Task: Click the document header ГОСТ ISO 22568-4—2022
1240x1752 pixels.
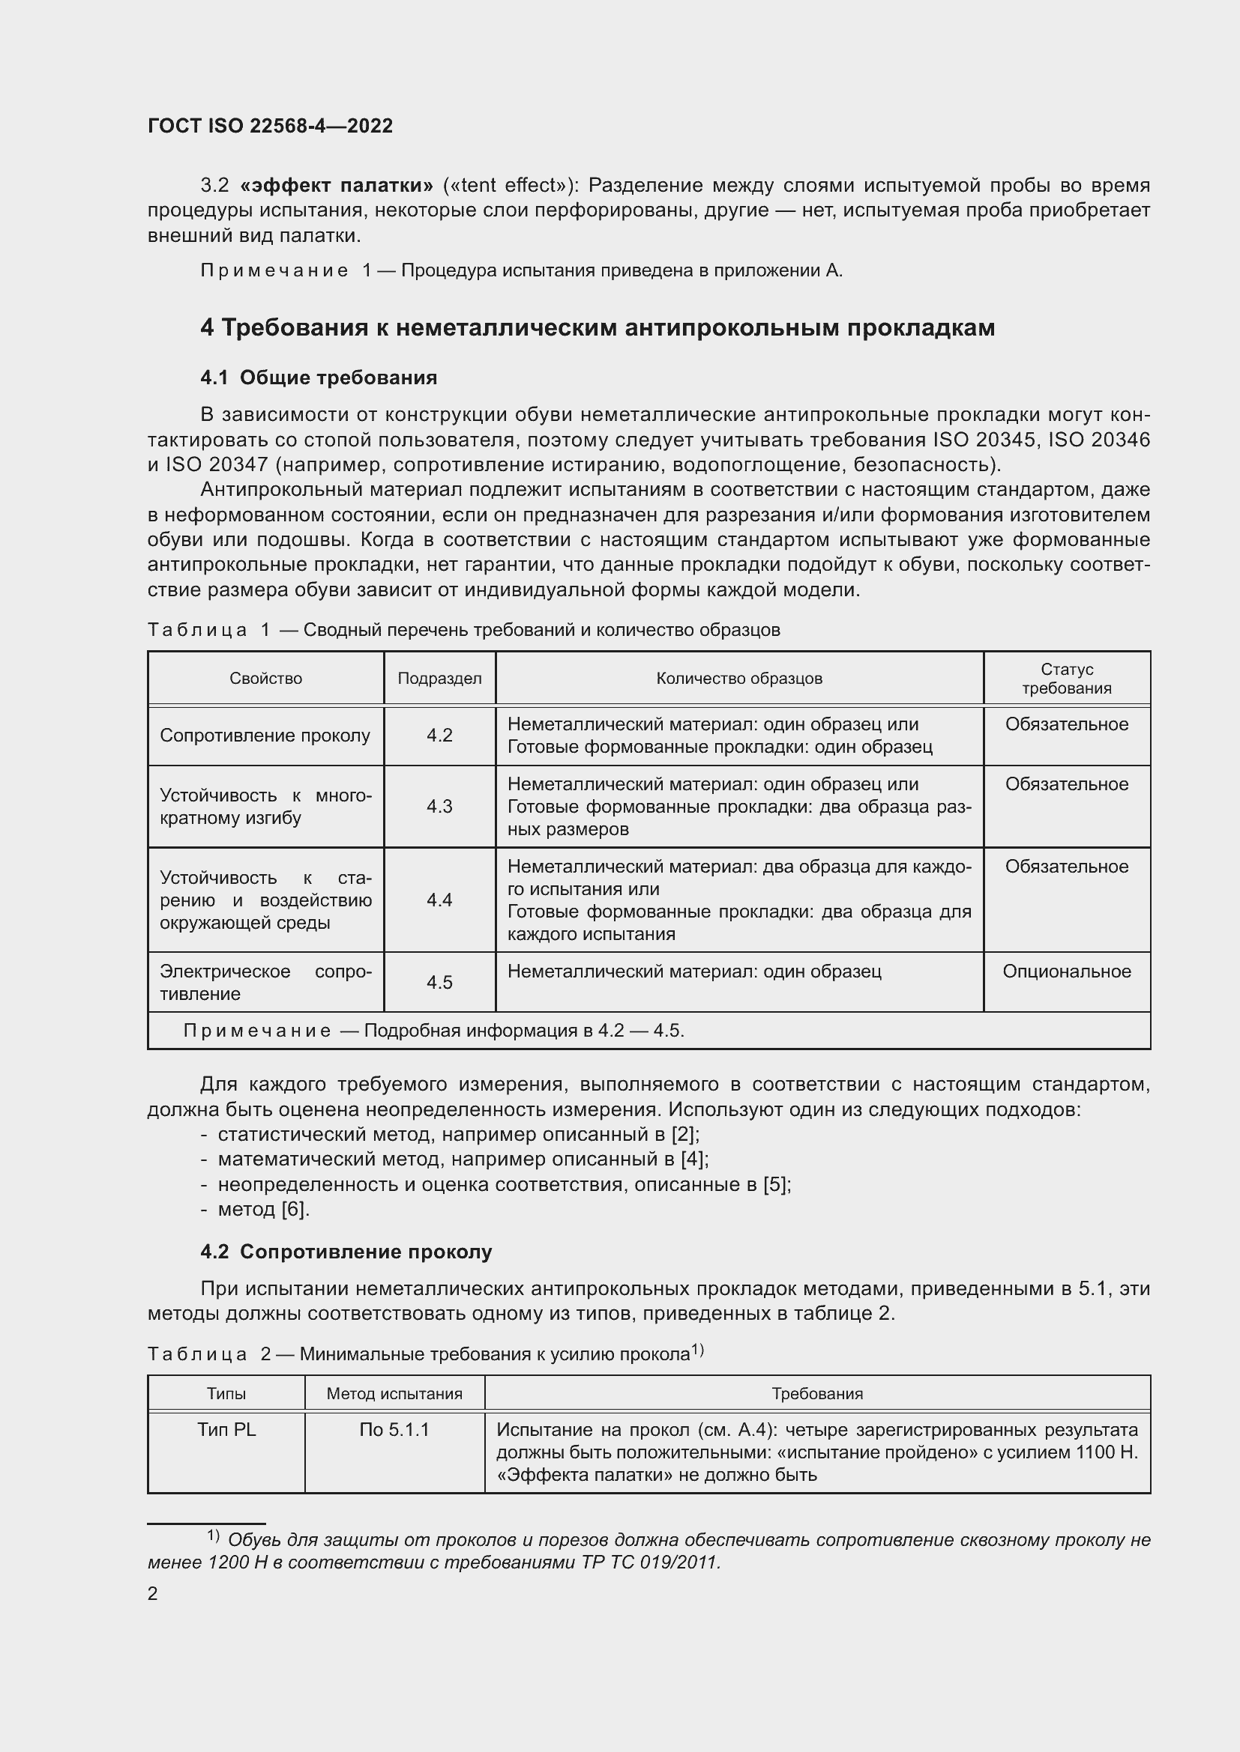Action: [271, 126]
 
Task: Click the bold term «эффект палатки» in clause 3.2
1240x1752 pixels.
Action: [336, 186]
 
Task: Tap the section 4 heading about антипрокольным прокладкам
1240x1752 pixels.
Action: [597, 327]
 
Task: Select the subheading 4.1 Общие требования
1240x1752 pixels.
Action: [319, 378]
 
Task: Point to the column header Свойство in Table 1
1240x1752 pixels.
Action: [265, 679]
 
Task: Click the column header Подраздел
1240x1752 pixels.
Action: [440, 679]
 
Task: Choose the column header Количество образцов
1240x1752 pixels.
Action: [739, 679]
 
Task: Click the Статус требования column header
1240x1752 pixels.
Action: [1067, 679]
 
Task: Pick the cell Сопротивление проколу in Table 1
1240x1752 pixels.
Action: [265, 736]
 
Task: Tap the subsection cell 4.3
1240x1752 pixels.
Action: [440, 807]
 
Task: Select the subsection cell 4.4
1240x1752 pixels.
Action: [440, 900]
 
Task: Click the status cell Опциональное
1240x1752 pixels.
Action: [1067, 972]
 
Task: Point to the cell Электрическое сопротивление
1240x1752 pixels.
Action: [265, 983]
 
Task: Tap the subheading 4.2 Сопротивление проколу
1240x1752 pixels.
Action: [346, 1252]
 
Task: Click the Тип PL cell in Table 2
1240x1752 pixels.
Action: [226, 1430]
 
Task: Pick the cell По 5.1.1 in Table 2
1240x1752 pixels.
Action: [394, 1430]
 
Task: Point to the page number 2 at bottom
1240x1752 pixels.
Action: [153, 1593]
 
